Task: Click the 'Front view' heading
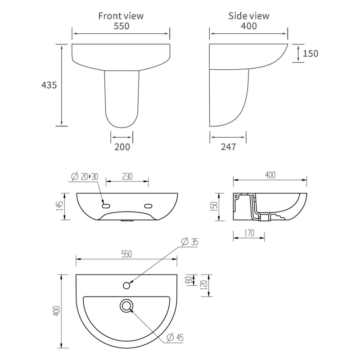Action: click(x=121, y=16)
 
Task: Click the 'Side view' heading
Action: click(x=249, y=16)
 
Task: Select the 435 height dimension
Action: click(x=49, y=85)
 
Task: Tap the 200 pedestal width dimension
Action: click(x=121, y=146)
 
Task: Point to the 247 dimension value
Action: click(x=227, y=146)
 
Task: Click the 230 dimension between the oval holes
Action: click(x=127, y=176)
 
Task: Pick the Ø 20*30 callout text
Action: click(x=85, y=176)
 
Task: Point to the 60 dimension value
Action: click(x=188, y=279)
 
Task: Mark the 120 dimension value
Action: click(x=203, y=285)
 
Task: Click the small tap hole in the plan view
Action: click(x=127, y=285)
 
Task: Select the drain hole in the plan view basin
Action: click(x=127, y=306)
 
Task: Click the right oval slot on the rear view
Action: click(x=148, y=206)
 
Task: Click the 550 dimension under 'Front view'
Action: click(x=121, y=26)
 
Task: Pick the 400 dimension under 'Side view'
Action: click(x=249, y=26)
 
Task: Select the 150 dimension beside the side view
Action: click(x=310, y=54)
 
